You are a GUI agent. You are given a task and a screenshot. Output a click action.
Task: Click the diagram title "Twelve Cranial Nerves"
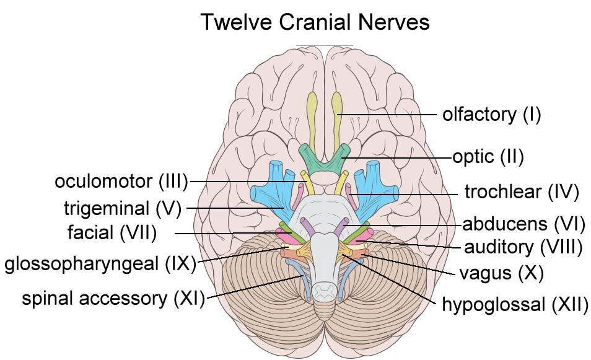[x=315, y=22]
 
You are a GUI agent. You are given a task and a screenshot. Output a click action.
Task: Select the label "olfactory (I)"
[x=491, y=115]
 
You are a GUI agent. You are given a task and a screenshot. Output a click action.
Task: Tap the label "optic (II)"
[x=488, y=157]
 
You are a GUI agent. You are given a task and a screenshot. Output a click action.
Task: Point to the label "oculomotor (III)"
[x=121, y=182]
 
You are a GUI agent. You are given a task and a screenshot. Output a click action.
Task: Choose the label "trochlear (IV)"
[x=521, y=192]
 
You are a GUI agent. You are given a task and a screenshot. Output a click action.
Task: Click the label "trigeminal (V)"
[x=122, y=208]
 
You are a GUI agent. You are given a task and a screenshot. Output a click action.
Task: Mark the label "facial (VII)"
[x=112, y=233]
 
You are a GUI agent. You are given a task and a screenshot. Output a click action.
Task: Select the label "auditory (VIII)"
[x=523, y=247]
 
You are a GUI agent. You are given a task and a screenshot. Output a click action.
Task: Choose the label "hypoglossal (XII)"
[x=514, y=304]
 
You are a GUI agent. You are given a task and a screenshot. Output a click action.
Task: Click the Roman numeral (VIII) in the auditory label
[x=561, y=247]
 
